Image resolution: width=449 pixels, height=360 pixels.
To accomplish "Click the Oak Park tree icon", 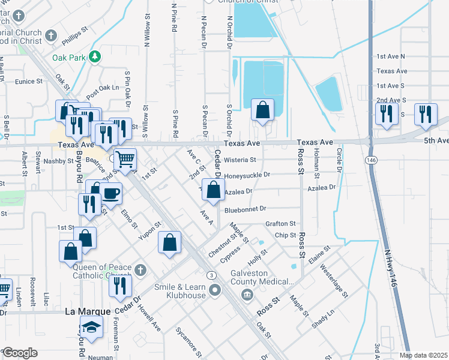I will (x=95, y=57).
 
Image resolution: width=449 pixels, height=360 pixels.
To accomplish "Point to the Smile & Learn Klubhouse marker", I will (x=215, y=291).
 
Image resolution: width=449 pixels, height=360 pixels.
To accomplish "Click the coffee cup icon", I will (x=112, y=193).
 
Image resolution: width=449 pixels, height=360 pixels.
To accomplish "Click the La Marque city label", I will (x=88, y=312).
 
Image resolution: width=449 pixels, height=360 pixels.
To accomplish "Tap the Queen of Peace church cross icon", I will (x=140, y=269).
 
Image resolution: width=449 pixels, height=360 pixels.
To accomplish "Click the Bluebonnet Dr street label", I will (x=246, y=209).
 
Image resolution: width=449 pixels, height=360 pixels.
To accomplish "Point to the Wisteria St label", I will (x=240, y=160).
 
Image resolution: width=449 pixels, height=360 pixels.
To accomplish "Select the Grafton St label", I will (x=282, y=224).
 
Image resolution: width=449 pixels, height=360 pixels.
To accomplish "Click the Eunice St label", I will (x=29, y=81).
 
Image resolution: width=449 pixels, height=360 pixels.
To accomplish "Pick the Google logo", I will (x=20, y=352).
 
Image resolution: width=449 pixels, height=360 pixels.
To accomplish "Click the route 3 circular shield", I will (x=211, y=275).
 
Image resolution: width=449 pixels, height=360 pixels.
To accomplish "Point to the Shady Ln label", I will (x=323, y=319).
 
